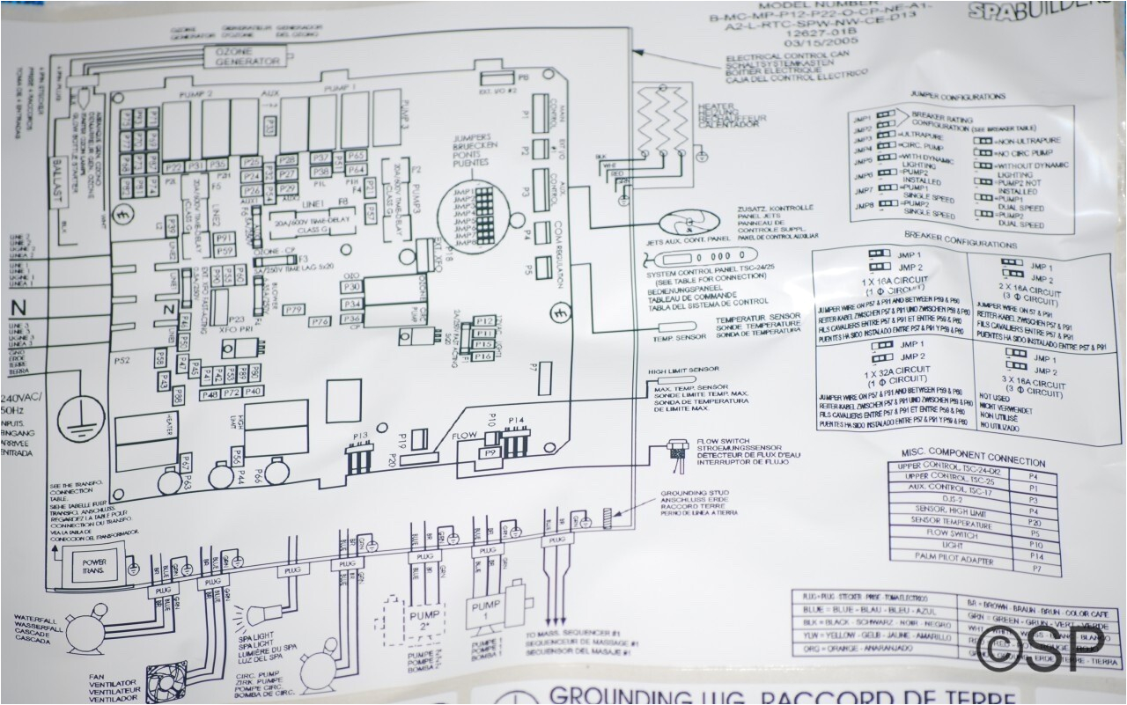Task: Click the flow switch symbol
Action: tap(676, 449)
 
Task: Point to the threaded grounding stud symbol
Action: tap(607, 514)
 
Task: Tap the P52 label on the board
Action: tap(122, 361)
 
